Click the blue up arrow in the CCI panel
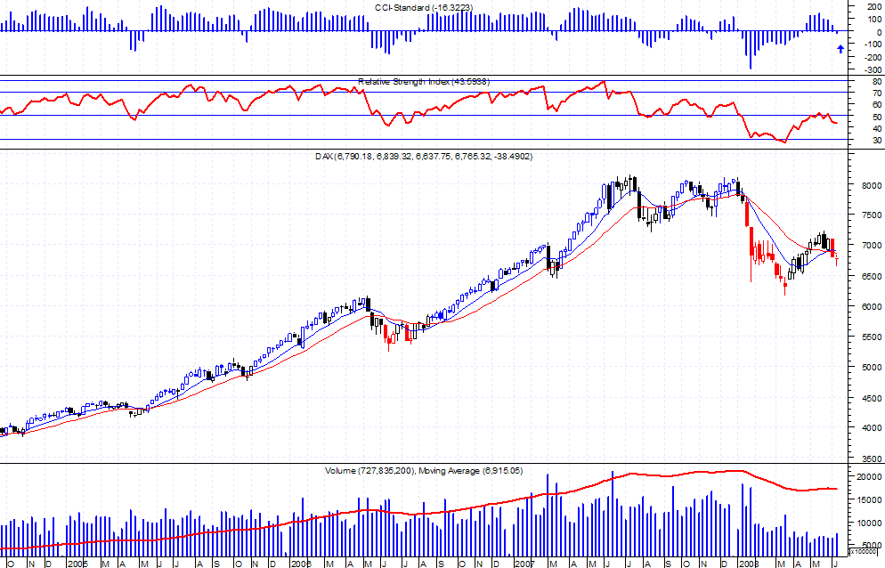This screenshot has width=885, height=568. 840,49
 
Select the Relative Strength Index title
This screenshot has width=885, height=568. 423,82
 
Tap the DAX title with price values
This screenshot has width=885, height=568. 424,157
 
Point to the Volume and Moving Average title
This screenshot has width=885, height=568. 424,469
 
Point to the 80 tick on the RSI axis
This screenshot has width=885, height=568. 865,81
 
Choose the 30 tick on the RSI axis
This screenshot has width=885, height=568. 865,141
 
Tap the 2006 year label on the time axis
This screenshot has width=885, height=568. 300,564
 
